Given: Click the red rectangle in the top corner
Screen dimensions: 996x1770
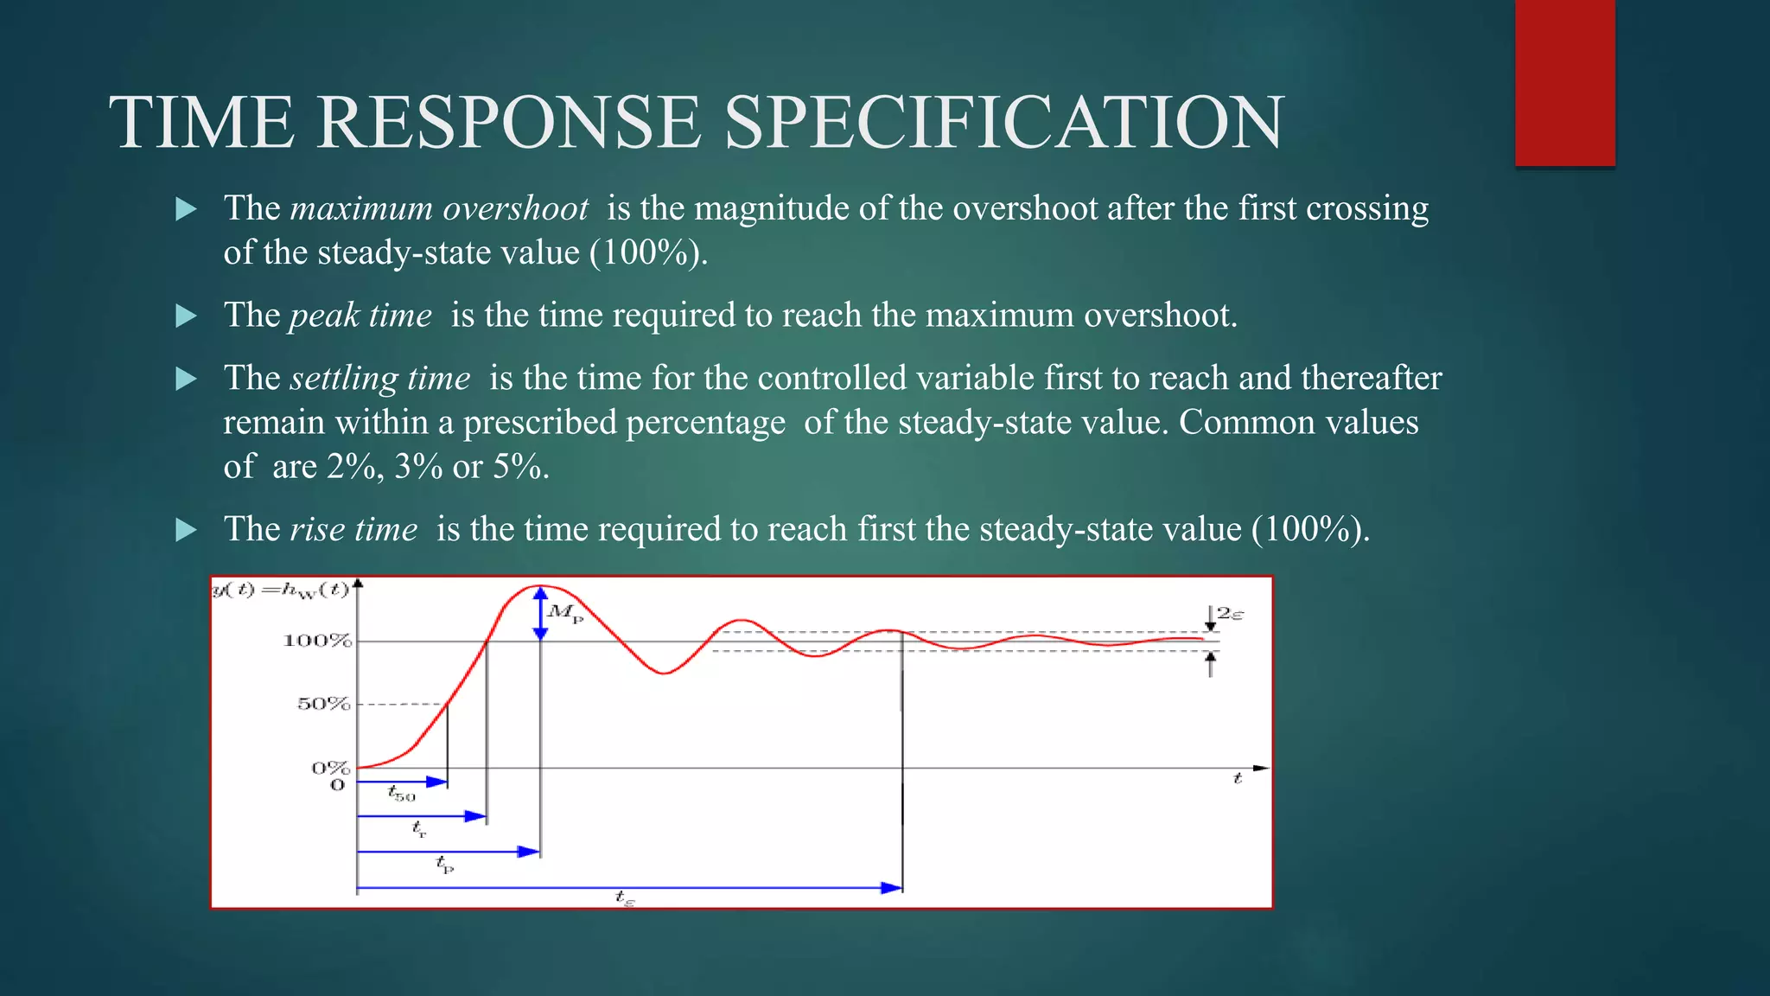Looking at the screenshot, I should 1564,82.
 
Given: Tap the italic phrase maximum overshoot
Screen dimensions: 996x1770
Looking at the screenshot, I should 439,208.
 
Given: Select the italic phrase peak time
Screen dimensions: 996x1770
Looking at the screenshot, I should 360,316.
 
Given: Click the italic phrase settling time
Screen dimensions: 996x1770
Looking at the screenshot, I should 380,379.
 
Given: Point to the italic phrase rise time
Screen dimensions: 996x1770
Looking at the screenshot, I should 353,529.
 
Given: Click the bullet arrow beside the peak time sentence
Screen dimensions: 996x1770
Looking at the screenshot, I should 186,316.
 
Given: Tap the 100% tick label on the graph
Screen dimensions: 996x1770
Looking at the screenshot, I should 317,641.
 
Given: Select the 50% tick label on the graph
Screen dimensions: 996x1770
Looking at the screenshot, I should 323,704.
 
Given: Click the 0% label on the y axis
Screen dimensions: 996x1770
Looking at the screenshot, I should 330,768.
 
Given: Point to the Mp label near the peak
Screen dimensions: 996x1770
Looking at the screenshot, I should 565,613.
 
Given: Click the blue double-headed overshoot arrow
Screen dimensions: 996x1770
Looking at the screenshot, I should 540,614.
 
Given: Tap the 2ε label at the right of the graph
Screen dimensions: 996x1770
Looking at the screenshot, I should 1230,614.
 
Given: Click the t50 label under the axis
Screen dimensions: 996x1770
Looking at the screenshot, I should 401,793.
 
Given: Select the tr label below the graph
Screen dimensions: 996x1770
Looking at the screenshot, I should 419,830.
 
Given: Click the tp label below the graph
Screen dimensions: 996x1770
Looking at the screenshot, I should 444,864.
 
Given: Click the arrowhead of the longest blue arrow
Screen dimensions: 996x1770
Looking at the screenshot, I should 892,888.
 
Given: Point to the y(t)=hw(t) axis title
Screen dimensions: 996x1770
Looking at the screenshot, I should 281,590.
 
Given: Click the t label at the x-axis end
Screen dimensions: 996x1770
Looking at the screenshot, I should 1237,778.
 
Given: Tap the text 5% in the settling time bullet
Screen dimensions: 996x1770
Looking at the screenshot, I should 517,467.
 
